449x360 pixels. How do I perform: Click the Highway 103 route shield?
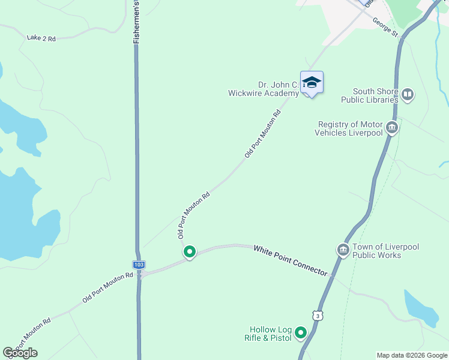click(139, 264)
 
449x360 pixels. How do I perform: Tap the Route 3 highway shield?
click(317, 315)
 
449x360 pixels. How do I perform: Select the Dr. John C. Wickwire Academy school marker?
click(312, 82)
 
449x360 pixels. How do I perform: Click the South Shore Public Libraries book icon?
click(408, 94)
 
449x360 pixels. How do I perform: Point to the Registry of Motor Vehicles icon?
click(392, 127)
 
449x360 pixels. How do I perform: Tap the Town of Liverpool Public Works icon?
click(343, 250)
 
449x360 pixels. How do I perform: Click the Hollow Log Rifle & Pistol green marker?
click(301, 332)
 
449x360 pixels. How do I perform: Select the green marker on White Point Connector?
click(190, 252)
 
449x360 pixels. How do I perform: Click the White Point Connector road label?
click(291, 260)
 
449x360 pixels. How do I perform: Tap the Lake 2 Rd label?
click(41, 38)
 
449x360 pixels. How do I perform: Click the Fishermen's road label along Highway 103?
click(136, 22)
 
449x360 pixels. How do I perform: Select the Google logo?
click(20, 353)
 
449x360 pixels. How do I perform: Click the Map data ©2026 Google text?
click(412, 355)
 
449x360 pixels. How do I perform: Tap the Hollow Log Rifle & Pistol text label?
click(268, 334)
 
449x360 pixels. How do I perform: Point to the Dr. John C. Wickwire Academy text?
click(264, 89)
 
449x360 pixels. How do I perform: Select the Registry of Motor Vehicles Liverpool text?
click(350, 128)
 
